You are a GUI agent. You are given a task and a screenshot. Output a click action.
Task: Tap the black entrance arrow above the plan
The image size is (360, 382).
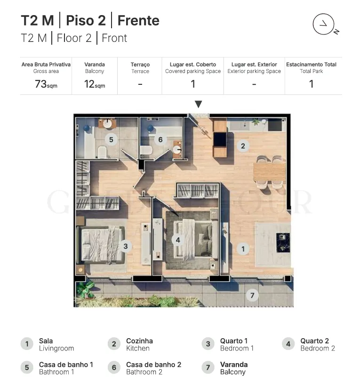[199, 104]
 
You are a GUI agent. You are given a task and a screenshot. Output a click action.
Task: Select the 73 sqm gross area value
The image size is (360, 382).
[46, 84]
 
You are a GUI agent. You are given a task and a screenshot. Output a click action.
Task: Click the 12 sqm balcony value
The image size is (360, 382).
[95, 84]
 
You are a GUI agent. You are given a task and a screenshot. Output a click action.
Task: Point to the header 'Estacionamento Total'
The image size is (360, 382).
[311, 65]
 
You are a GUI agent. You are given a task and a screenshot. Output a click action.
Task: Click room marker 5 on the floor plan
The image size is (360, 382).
[111, 139]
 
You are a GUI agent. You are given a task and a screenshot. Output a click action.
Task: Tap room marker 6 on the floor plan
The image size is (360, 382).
[160, 139]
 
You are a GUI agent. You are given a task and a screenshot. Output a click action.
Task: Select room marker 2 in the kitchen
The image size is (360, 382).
[243, 146]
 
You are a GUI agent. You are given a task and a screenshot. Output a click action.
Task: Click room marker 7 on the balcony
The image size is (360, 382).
[252, 295]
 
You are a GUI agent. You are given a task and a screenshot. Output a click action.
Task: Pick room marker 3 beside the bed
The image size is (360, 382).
[126, 246]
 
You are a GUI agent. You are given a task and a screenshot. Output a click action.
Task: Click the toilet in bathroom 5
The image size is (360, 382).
[102, 152]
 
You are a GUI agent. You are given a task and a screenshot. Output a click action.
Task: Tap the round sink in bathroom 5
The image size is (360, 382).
[107, 124]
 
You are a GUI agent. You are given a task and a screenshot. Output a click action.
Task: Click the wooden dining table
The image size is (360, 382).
[270, 172]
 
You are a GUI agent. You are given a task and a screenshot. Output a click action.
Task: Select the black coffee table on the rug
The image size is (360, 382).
[283, 243]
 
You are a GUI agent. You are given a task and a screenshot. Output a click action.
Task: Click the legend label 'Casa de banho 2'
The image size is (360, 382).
[153, 365]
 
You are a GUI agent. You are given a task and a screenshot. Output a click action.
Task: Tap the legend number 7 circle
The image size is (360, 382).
[208, 367]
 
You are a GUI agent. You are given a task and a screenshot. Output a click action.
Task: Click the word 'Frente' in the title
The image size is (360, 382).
[138, 20]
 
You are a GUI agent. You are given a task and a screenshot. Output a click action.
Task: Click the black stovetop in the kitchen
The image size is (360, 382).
[275, 125]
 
